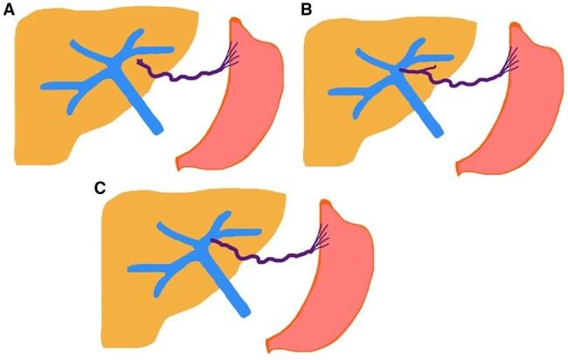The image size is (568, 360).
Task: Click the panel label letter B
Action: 306,10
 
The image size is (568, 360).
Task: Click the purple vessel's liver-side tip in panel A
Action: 139,61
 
